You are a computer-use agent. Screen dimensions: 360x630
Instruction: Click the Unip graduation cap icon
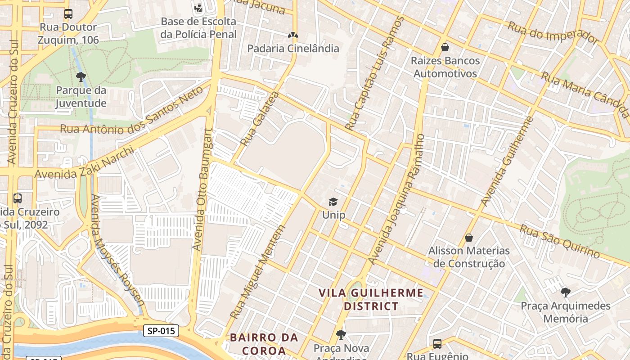[333, 202]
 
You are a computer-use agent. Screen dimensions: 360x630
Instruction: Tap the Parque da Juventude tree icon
[81, 77]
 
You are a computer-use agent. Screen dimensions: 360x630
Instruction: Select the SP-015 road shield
[161, 331]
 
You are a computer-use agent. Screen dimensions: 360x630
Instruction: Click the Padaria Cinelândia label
[293, 49]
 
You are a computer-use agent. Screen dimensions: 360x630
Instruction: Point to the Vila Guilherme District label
[371, 300]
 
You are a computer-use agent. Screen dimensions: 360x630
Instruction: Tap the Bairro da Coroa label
[264, 344]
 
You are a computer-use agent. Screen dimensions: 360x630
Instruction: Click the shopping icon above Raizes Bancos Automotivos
[445, 47]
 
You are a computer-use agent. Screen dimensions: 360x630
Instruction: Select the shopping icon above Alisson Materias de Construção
[469, 237]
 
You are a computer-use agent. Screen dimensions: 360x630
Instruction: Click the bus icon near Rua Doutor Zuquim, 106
[68, 14]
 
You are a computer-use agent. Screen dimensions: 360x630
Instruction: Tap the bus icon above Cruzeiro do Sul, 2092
[18, 198]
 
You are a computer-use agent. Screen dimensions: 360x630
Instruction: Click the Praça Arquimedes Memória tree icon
[566, 292]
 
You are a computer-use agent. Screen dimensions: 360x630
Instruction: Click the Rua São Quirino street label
[560, 242]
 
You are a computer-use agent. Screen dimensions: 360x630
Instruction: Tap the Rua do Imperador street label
[553, 32]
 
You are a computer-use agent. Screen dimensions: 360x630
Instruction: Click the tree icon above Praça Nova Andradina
[341, 335]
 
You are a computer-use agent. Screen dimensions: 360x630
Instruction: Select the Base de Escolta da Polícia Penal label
[198, 28]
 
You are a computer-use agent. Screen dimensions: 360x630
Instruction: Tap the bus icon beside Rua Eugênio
[437, 344]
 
